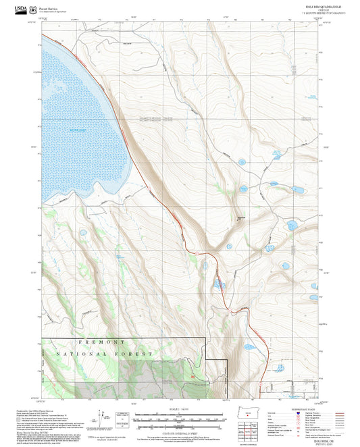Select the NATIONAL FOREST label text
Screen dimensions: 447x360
click(x=113, y=354)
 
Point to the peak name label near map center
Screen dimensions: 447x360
click(x=240, y=217)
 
